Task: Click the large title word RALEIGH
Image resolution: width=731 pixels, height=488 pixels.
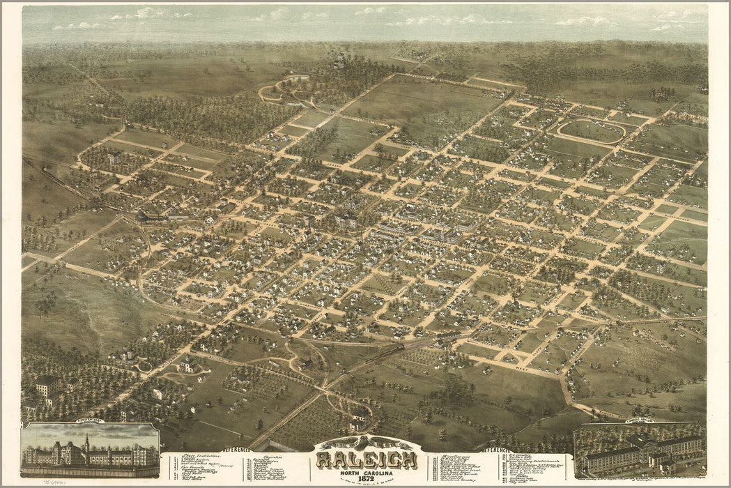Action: (367, 459)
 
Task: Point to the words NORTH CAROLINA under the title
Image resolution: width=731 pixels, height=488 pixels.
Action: (366, 471)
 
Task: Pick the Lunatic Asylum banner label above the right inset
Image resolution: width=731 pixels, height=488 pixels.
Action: (640, 421)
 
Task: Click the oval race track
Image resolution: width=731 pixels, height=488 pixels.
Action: (590, 130)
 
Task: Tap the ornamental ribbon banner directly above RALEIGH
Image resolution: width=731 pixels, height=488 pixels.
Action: (366, 444)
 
